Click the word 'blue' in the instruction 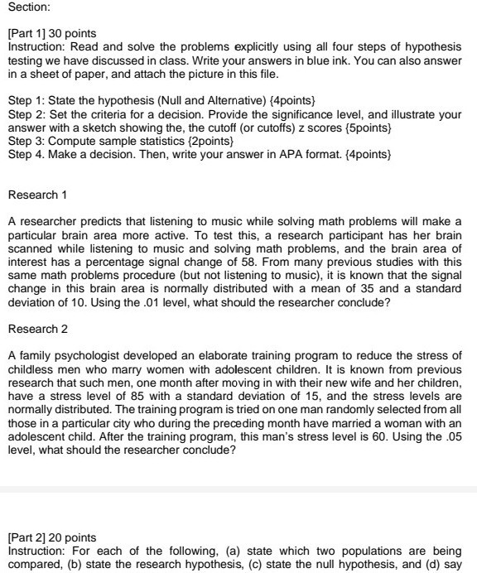(316, 62)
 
